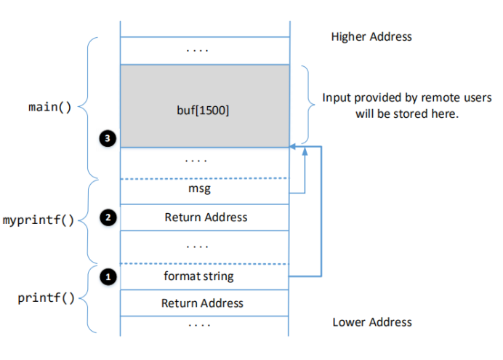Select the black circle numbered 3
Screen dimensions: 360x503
[x=108, y=136]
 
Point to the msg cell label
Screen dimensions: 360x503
[x=204, y=190]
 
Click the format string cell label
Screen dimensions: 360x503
[x=204, y=276]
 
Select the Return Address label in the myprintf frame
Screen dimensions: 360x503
[x=205, y=217]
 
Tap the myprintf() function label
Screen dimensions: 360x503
[x=39, y=220]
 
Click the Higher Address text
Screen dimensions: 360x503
[x=371, y=36]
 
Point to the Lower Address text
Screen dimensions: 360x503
[x=371, y=322]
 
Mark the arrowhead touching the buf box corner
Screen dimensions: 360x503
[x=292, y=148]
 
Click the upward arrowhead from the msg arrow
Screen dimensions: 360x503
[x=305, y=151]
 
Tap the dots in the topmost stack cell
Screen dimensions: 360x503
[x=204, y=50]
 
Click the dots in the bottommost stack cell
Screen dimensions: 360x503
[x=204, y=324]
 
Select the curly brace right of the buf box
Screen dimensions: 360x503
[x=308, y=106]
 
